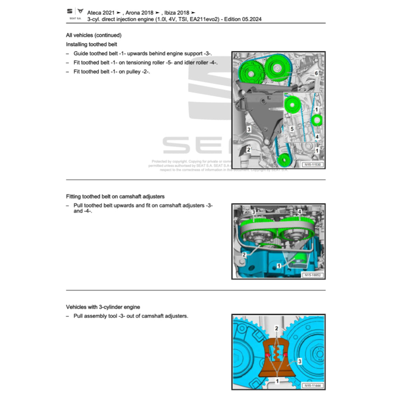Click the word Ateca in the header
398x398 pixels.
click(95, 12)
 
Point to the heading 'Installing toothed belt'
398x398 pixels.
click(91, 44)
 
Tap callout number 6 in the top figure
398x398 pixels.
click(316, 73)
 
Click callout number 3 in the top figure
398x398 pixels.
click(248, 129)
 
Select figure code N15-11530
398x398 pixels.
click(312, 165)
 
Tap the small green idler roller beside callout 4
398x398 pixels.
click(317, 120)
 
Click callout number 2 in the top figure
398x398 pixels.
click(248, 149)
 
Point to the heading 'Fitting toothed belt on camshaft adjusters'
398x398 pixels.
click(115, 197)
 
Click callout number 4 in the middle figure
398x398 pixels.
click(300, 211)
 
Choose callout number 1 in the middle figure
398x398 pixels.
click(279, 265)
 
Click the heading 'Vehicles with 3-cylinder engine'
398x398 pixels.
click(103, 307)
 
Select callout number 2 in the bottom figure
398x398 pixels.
click(277, 329)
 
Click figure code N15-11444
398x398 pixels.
click(312, 386)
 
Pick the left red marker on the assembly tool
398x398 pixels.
click(268, 354)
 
